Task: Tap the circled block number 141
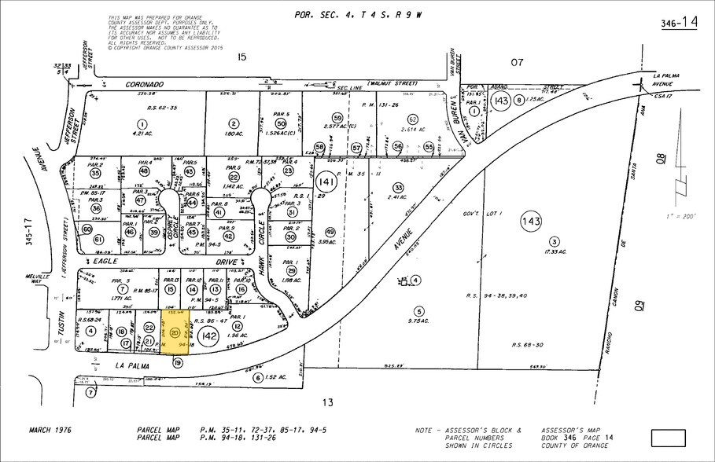[325, 182]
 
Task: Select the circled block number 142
[208, 336]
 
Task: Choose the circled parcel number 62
[413, 119]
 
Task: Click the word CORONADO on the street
[144, 84]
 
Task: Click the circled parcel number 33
[399, 187]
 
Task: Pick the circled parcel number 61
[99, 239]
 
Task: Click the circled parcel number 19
[179, 362]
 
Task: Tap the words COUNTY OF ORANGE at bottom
[578, 445]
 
